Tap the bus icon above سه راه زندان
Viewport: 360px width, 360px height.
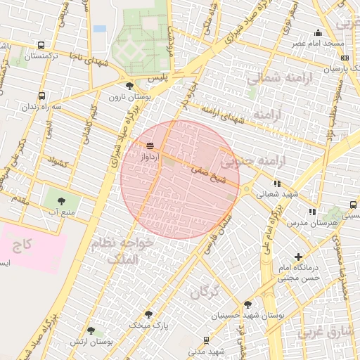[x=41, y=96]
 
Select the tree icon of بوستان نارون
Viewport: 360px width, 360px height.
[x=129, y=86]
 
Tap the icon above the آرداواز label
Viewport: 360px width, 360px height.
[x=150, y=146]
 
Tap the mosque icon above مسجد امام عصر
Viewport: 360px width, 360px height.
[x=318, y=32]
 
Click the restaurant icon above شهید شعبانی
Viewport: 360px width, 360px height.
[x=277, y=184]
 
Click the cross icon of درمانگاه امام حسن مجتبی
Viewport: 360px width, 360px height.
[x=299, y=257]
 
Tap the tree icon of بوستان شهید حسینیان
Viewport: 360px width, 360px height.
[x=247, y=304]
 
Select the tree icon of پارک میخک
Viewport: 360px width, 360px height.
[x=148, y=314]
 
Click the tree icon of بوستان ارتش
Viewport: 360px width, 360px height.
[x=90, y=330]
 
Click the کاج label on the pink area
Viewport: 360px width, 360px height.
[x=23, y=245]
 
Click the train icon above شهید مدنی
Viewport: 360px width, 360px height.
[x=205, y=340]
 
